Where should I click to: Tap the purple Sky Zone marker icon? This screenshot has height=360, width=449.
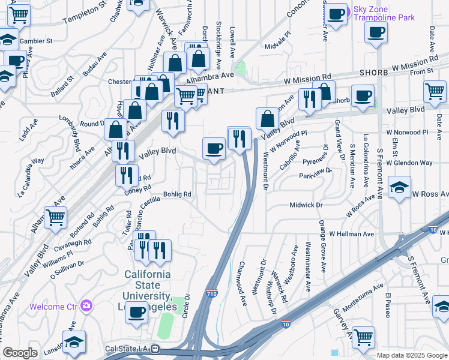348,10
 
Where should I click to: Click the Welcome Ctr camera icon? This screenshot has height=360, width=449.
88,306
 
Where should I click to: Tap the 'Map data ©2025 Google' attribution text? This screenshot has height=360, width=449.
412,355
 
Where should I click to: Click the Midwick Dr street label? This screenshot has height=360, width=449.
306,205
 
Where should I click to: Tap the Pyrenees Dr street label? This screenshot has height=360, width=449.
316,162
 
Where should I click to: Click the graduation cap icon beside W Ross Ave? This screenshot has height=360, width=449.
399,187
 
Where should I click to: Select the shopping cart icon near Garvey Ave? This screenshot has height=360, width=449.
363,338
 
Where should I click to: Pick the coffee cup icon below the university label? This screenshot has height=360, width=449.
138,313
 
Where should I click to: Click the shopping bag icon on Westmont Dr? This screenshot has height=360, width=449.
267,118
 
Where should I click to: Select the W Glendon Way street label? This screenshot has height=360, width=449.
409,163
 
